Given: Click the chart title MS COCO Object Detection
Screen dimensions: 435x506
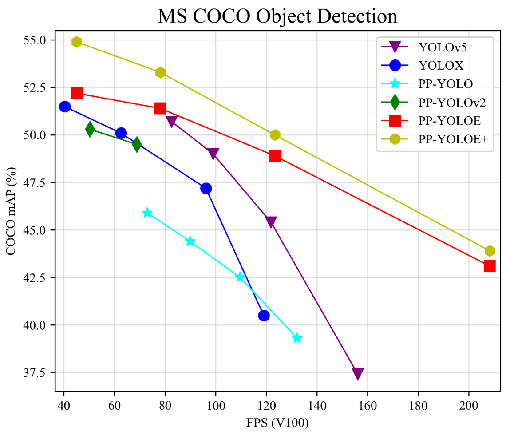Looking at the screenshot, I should click(x=277, y=16).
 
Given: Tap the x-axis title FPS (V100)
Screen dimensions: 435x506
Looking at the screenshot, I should click(x=277, y=423).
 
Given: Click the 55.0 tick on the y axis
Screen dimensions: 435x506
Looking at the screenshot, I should click(x=36, y=40).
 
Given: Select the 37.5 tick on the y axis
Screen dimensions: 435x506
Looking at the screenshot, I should click(x=36, y=373).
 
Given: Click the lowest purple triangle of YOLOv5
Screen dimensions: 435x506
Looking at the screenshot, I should click(x=358, y=374).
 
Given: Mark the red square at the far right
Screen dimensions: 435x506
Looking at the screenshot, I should click(x=490, y=266).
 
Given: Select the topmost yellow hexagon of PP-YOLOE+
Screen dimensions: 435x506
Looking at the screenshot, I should click(x=77, y=42).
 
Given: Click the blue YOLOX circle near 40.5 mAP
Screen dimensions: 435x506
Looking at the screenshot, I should click(x=264, y=316).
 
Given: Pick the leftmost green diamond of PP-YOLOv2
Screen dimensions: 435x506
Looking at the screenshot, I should click(x=90, y=129).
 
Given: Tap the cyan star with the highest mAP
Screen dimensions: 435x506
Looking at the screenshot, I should click(x=147, y=213).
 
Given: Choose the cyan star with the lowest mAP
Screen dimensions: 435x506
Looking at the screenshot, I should click(x=297, y=338).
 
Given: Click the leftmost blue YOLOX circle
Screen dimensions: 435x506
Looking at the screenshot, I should click(x=65, y=107).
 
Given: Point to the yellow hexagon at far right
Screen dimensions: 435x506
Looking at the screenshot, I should click(x=490, y=251).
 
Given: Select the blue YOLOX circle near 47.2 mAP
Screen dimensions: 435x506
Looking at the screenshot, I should click(x=206, y=188).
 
